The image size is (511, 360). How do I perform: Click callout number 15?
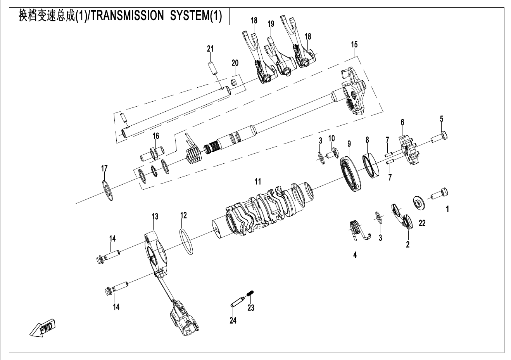[354, 45]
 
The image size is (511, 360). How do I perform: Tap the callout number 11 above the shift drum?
[258, 181]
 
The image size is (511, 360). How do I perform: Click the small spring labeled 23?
[251, 299]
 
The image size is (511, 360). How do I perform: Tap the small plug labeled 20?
[234, 82]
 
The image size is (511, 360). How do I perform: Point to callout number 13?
[155, 216]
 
